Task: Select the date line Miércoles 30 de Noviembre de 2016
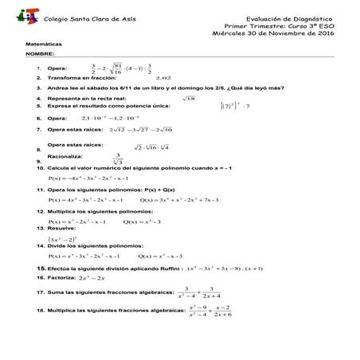pos(274,33)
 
